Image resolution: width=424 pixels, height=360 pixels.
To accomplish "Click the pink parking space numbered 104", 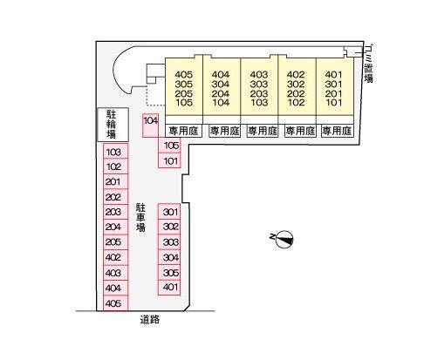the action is point(150,126).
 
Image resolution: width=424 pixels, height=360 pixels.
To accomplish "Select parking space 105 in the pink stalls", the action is point(169,145).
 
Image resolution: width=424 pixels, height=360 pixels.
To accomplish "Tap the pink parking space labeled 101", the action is point(169,160).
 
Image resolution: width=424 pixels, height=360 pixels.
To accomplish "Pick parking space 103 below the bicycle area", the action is point(116,151).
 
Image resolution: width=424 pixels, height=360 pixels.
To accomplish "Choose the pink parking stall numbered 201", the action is point(116,181).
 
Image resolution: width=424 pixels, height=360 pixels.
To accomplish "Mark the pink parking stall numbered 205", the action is point(116,241).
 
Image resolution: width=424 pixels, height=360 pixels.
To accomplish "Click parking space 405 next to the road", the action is point(116,303).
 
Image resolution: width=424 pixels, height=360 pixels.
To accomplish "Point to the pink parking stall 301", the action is point(169,211).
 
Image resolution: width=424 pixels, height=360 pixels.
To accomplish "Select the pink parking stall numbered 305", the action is point(169,272).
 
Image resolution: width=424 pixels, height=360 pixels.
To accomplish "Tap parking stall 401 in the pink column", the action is point(169,288).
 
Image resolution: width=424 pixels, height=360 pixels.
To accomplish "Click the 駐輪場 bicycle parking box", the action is point(113,125).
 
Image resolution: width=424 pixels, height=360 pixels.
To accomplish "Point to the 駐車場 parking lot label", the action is point(140,217).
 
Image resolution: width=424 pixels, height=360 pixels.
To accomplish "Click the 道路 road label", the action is point(150,320).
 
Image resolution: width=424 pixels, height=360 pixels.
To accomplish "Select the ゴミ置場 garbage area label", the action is point(369,64).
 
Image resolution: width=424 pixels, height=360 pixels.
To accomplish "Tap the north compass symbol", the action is point(284,240).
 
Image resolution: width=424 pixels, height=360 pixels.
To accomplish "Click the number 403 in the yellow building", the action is point(259,75).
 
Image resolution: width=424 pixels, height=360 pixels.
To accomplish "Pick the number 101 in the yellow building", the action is point(333,102).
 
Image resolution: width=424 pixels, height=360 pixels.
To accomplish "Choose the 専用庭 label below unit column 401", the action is point(337,131).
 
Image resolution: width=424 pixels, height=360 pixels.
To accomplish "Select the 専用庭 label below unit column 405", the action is point(184,131).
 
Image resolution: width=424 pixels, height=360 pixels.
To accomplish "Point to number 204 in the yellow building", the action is point(221,93).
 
